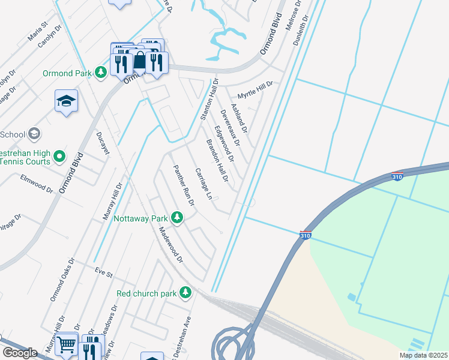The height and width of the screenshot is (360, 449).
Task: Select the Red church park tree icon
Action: click(x=186, y=293)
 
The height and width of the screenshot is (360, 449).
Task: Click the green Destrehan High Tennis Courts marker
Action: click(x=59, y=157)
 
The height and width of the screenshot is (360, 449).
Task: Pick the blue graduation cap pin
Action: click(x=66, y=100)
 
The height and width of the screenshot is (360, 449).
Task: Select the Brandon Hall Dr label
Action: click(x=217, y=161)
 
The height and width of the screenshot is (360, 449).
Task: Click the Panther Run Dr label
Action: click(x=184, y=185)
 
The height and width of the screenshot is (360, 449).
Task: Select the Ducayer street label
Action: click(x=103, y=144)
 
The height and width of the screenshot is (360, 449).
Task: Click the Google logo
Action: click(x=20, y=352)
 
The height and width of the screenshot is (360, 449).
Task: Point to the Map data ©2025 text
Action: click(x=423, y=355)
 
